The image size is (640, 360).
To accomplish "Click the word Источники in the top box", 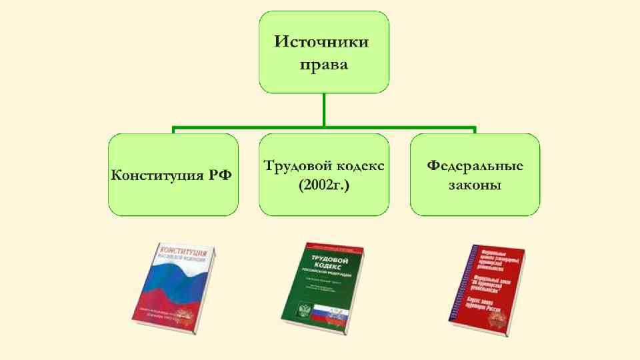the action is click(323, 41).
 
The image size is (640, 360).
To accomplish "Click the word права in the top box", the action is click(323, 65).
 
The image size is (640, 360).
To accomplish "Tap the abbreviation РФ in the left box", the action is click(220, 175).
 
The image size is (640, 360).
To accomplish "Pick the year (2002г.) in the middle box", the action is click(324, 185).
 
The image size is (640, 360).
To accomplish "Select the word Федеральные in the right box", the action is click(475, 165).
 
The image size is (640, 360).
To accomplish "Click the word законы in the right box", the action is click(475, 185).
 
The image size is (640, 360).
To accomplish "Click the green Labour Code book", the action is click(323, 287).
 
